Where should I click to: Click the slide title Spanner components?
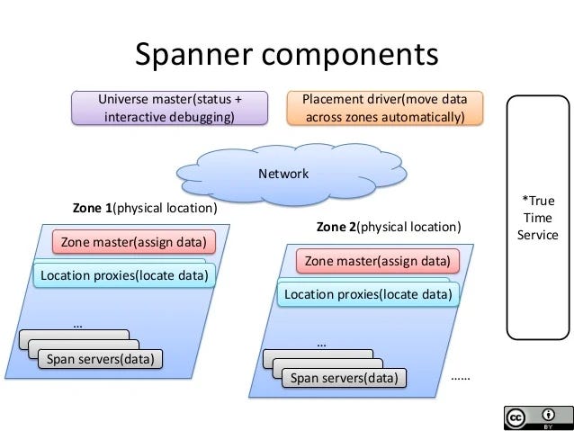pos(286,54)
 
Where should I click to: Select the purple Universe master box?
pos(169,108)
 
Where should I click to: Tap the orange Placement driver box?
pos(384,108)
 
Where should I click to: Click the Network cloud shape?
pos(284,174)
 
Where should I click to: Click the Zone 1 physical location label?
pos(145,208)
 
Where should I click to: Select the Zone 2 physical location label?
pos(389,227)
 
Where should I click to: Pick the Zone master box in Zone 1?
pos(133,242)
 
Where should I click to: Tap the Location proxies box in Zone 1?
pos(124,274)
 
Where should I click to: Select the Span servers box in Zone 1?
pos(100,360)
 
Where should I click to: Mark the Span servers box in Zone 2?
pos(344,378)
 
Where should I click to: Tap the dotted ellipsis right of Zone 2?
pos(460,379)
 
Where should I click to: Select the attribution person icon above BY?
pos(548,414)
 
